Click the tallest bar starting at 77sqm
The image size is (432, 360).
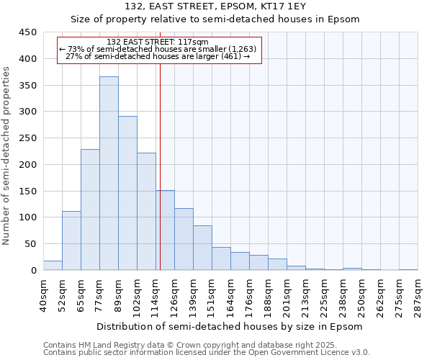pos(109,173)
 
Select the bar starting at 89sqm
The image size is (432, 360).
pos(127,193)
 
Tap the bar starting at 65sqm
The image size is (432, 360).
pos(90,210)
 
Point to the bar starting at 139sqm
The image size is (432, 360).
pos(202,248)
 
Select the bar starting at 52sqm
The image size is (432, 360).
pos(71,240)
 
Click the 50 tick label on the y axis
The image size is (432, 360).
pos(30,244)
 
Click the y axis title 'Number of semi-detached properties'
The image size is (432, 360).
pos(7,156)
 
